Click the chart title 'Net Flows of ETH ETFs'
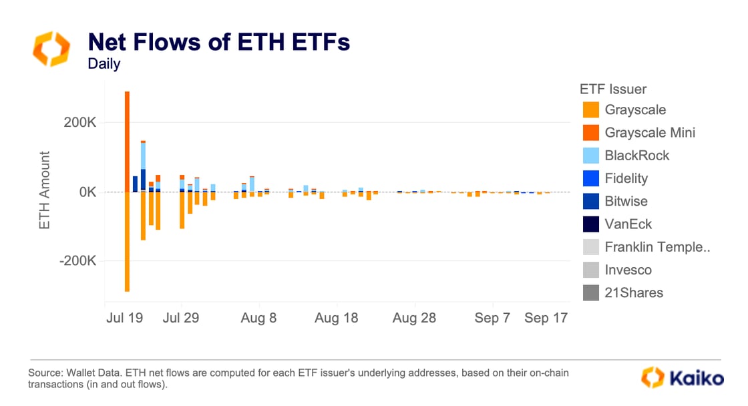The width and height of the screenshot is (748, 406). (218, 43)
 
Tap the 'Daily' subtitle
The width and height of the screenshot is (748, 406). (104, 65)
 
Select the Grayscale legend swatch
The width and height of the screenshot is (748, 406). (590, 110)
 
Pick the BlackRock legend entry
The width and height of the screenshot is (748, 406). (636, 156)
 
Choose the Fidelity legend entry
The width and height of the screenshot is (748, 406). (626, 178)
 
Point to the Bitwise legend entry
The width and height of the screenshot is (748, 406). (626, 201)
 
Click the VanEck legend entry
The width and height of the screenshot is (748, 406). (628, 224)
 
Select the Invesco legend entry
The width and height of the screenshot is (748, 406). (628, 270)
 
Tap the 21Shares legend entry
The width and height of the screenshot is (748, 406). (633, 292)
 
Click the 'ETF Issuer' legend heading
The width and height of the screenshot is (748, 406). (612, 89)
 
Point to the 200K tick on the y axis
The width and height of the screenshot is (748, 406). (79, 122)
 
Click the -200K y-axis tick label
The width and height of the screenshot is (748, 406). (77, 260)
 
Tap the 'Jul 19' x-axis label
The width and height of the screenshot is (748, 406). (124, 318)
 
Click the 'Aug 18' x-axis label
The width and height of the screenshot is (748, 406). (336, 318)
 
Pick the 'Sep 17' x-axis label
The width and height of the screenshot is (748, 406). (546, 318)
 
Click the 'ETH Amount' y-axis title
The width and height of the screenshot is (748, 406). (45, 191)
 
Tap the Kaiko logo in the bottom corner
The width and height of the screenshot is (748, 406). (682, 378)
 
